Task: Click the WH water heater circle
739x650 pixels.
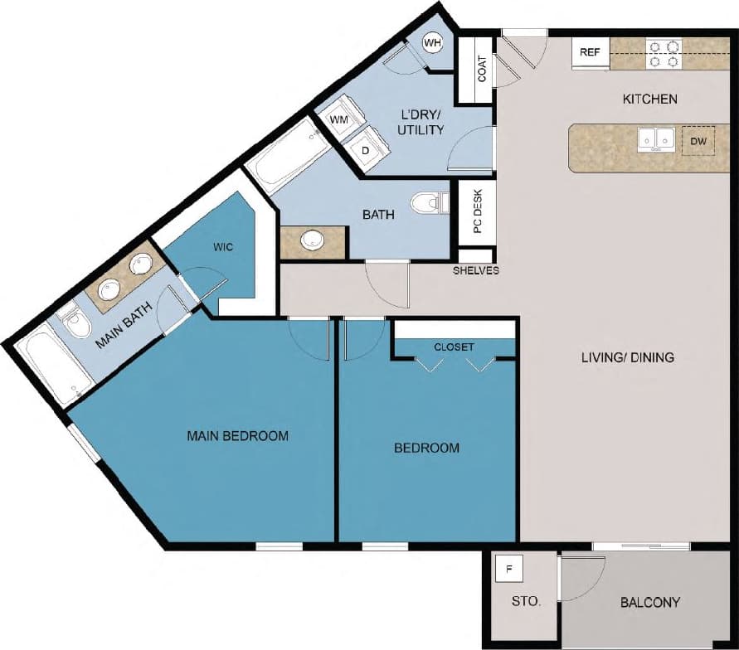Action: (432, 42)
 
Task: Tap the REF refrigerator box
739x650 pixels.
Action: (590, 52)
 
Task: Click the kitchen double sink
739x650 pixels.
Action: (655, 141)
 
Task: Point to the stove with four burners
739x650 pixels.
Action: (664, 54)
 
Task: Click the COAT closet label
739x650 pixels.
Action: (482, 69)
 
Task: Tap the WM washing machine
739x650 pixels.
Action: (338, 120)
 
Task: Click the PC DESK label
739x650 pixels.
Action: (478, 212)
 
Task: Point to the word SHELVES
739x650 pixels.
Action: (476, 270)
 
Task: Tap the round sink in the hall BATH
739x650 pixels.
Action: (313, 240)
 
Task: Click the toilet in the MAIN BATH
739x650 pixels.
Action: (75, 323)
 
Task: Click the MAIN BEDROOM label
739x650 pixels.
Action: (237, 435)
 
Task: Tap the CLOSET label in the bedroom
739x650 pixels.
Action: (455, 347)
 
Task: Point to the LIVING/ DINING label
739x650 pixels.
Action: (626, 358)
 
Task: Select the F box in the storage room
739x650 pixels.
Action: (509, 570)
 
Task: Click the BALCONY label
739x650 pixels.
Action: (650, 602)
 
